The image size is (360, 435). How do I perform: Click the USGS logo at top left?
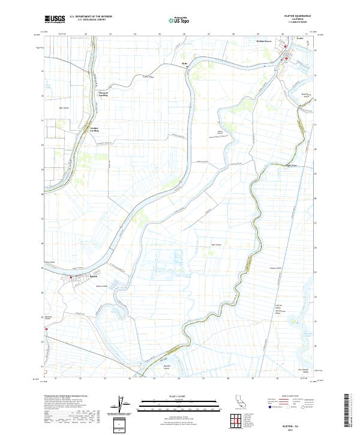[55, 19]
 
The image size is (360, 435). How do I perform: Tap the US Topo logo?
[181, 20]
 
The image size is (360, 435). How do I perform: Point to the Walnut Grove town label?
[265, 41]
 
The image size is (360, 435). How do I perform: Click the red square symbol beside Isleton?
[71, 277]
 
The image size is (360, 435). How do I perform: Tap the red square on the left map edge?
[45, 328]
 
